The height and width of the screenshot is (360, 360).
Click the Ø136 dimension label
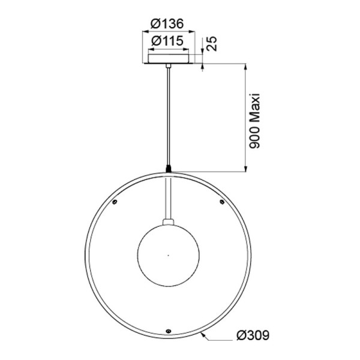pos(166,23)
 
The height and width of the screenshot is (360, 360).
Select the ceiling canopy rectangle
pos(170,58)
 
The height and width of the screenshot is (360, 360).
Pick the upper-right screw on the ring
pos(223,202)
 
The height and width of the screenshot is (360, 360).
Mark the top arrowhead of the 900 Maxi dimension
pos(247,65)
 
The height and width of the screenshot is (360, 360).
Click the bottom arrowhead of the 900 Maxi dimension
pos(247,169)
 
